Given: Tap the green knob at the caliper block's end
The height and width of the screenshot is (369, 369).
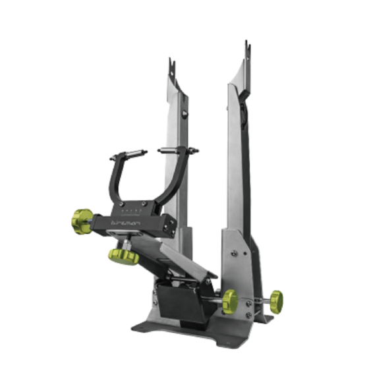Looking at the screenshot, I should [82, 221].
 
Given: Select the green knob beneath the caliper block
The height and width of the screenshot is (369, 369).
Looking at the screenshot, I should [123, 256].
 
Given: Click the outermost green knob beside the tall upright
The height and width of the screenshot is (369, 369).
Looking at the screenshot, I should [275, 302].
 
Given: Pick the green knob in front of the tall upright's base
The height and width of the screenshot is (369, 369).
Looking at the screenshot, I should [230, 301].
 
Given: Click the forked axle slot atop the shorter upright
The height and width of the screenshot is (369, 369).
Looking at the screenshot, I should [173, 69].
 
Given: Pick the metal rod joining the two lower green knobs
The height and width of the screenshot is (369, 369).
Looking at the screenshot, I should [254, 302].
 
